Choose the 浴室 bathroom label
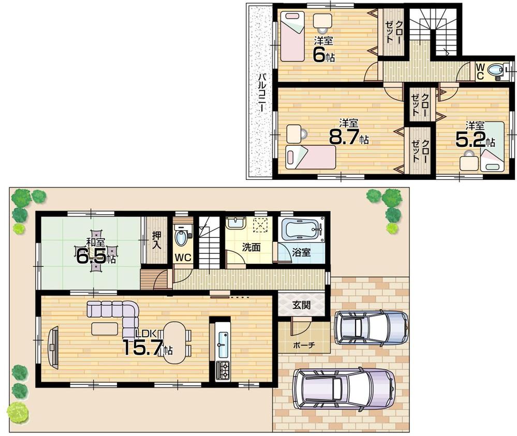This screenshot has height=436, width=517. point(301,253)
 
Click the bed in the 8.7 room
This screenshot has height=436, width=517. point(311,157)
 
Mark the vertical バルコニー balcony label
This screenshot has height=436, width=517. point(262,94)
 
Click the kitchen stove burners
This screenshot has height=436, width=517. point(223,369)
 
